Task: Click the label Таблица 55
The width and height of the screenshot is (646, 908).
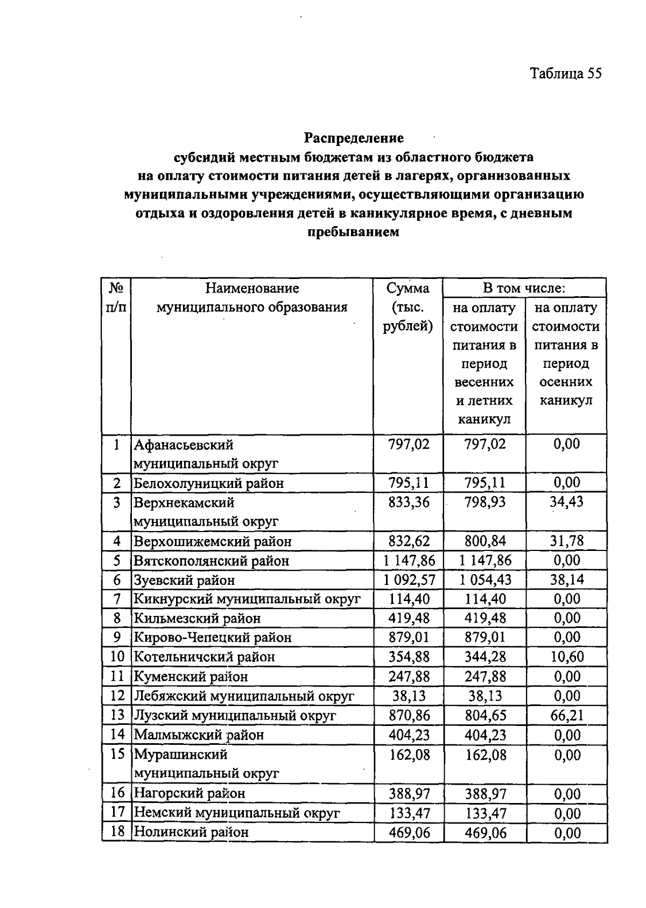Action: (565, 74)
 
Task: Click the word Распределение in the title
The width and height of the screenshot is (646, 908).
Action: (354, 138)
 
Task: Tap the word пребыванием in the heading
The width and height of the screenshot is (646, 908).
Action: (354, 232)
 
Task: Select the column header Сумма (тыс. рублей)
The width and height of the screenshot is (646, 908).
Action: (408, 308)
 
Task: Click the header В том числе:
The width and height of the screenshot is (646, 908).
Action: (524, 288)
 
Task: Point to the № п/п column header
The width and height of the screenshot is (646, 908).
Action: (116, 298)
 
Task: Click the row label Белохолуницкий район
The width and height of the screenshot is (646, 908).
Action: (208, 483)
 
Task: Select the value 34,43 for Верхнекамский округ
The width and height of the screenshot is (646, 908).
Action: (566, 502)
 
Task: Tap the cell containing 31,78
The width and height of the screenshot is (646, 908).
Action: (566, 541)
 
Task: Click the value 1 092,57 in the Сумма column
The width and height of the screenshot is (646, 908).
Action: (409, 580)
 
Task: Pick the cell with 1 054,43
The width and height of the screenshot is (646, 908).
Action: (485, 580)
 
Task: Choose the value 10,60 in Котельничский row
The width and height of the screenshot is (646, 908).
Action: (566, 657)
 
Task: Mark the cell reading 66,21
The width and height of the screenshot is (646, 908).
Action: (566, 715)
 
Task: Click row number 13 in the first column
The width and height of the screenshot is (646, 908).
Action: (117, 715)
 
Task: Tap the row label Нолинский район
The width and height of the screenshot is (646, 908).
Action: (191, 832)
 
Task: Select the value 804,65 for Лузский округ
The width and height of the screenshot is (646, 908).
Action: (485, 715)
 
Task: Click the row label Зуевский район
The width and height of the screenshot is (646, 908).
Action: (184, 580)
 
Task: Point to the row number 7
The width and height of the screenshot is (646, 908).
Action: (117, 599)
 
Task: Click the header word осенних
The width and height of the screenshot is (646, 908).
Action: (566, 382)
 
